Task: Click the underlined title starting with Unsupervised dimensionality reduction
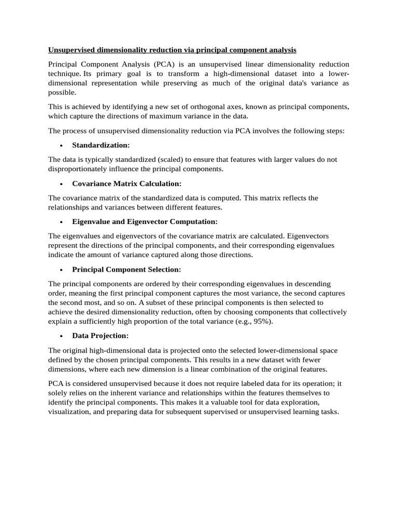tap(172, 50)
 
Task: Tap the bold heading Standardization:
tap(101, 145)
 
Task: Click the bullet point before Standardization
tap(61, 146)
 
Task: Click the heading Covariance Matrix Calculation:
tap(127, 184)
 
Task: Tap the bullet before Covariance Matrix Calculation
tap(61, 184)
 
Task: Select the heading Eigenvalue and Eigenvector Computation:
tap(145, 222)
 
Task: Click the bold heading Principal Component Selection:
tap(126, 270)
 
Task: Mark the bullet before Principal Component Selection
tap(61, 270)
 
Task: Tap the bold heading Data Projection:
tap(100, 336)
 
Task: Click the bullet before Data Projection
tap(61, 337)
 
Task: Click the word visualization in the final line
tap(70, 412)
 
